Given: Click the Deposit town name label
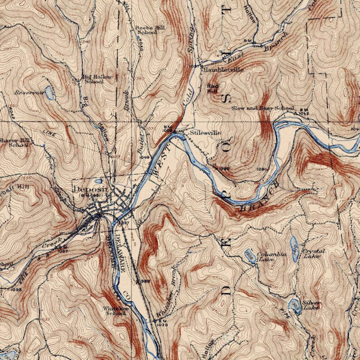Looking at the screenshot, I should (91, 190).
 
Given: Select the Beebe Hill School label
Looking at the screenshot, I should (146, 30).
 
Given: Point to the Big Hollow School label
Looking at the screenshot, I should (97, 79).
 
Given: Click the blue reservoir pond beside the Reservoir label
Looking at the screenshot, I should (49, 93).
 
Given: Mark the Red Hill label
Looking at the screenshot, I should (213, 88).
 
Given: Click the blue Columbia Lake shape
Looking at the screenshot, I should (250, 257).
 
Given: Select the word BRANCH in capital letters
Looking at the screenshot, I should (258, 198).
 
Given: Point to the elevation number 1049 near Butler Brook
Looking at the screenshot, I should (145, 157).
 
